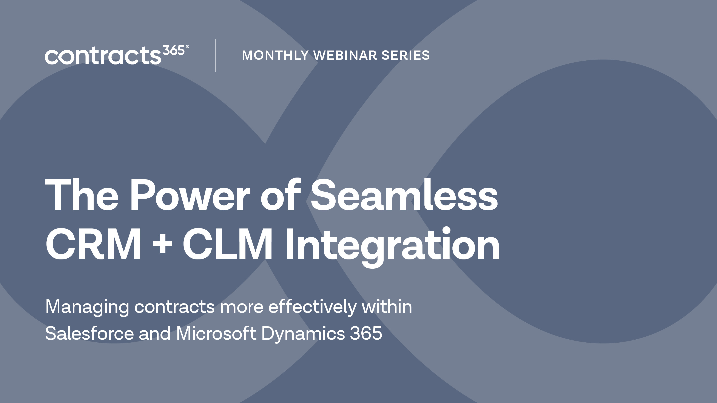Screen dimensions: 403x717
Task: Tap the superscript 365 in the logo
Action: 173,51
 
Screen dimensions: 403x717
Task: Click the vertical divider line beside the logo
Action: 215,56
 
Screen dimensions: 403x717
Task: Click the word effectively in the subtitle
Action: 312,306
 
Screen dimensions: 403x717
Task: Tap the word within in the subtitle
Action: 387,306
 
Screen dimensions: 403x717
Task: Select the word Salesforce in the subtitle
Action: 89,333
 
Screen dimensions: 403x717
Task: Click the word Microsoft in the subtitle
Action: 216,333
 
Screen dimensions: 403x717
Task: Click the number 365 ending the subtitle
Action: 366,333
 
